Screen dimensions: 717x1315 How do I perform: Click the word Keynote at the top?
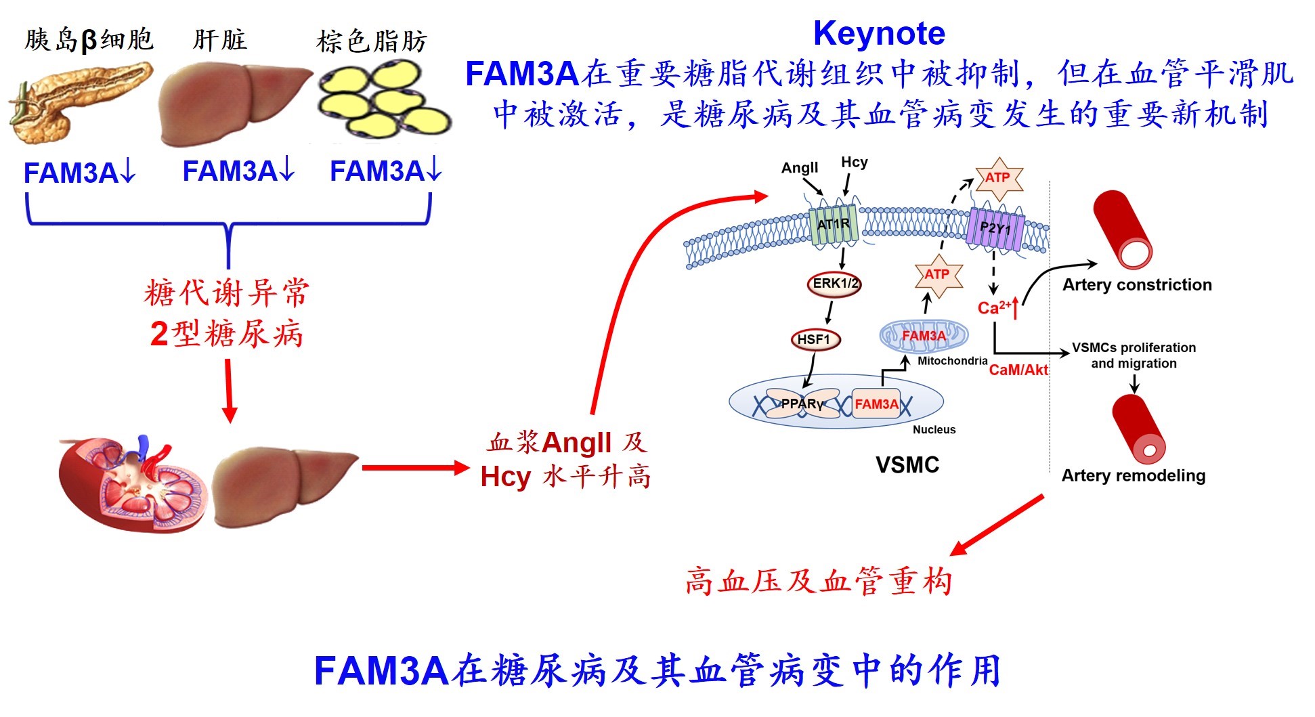pyautogui.click(x=879, y=33)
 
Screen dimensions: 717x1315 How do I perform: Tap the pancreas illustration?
pyautogui.click(x=80, y=102)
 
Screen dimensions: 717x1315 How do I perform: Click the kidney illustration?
pyautogui.click(x=132, y=481)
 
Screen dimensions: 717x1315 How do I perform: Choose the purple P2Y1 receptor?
pyautogui.click(x=995, y=228)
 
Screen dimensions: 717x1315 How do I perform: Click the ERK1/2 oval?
pyautogui.click(x=834, y=284)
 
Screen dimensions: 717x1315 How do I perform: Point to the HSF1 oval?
pyautogui.click(x=815, y=339)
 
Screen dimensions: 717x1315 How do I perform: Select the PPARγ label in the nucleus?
pyautogui.click(x=802, y=404)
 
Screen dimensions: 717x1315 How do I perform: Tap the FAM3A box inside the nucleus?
pyautogui.click(x=876, y=404)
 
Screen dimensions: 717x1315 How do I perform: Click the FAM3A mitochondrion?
pyautogui.click(x=924, y=336)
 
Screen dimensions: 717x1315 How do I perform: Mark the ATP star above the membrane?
pyautogui.click(x=998, y=178)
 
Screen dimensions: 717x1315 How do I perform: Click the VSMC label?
pyautogui.click(x=907, y=465)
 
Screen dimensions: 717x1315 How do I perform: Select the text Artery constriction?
pyautogui.click(x=1137, y=285)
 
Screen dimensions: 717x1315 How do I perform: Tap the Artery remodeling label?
pyautogui.click(x=1134, y=476)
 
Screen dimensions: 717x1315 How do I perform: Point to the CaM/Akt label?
pyautogui.click(x=1018, y=370)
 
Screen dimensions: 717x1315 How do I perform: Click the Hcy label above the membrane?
pyautogui.click(x=854, y=162)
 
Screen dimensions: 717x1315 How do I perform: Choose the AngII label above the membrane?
pyautogui.click(x=800, y=168)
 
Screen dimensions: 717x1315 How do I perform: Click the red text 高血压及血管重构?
pyautogui.click(x=819, y=582)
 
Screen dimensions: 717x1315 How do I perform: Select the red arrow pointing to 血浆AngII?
pyautogui.click(x=414, y=467)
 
